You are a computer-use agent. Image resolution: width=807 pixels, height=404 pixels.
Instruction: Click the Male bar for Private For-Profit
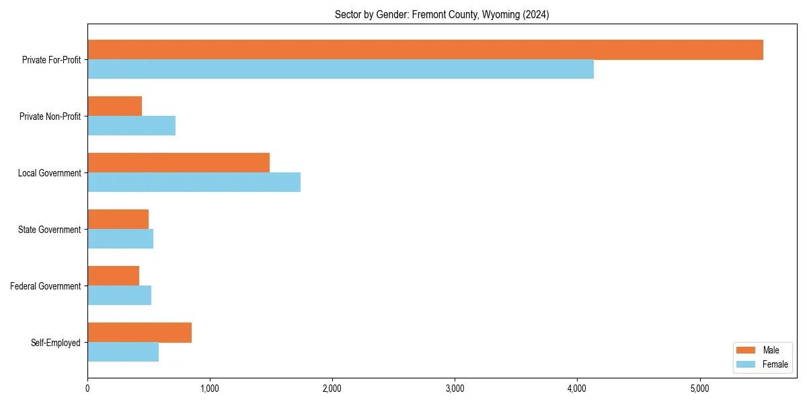(425, 50)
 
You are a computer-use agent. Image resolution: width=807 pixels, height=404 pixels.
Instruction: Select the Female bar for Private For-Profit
(340, 69)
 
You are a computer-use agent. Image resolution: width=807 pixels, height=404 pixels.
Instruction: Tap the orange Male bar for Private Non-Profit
(114, 106)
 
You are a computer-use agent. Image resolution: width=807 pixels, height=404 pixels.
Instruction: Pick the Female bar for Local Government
(194, 182)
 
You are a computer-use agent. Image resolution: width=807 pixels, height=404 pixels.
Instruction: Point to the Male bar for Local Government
(178, 163)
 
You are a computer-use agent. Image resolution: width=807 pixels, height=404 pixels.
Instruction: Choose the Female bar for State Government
(120, 239)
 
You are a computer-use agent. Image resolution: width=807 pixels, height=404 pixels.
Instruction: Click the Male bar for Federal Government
(113, 276)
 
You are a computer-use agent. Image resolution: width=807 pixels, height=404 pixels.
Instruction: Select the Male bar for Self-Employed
(139, 333)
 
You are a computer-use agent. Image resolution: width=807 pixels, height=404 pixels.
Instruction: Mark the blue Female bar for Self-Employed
(123, 352)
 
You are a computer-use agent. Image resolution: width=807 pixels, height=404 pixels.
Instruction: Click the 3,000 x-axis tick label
(455, 389)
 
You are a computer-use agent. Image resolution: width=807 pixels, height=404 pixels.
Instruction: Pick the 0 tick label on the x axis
(87, 389)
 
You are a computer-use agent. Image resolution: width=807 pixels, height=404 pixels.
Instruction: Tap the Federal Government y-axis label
(46, 286)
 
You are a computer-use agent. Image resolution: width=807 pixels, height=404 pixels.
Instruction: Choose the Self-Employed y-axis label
(56, 343)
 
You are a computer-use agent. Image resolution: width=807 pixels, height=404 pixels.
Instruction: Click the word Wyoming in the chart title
(492, 15)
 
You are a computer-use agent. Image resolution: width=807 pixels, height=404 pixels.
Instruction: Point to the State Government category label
(49, 230)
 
